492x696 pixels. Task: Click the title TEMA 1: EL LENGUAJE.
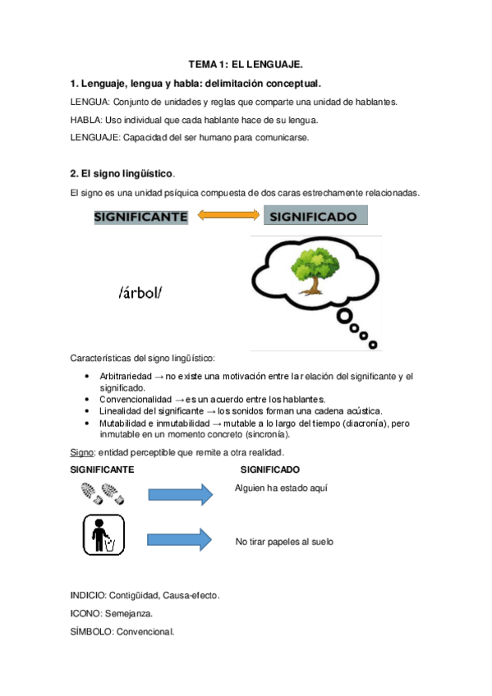246,63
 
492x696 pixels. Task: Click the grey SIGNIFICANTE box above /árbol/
141,217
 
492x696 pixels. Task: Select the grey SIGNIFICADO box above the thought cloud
315,216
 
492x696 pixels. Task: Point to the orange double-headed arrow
226,216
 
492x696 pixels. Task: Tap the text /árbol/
140,292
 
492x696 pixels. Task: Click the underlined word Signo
82,452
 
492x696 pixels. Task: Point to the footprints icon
103,493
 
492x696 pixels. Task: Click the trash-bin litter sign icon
103,535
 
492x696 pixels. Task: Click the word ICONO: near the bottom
86,612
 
